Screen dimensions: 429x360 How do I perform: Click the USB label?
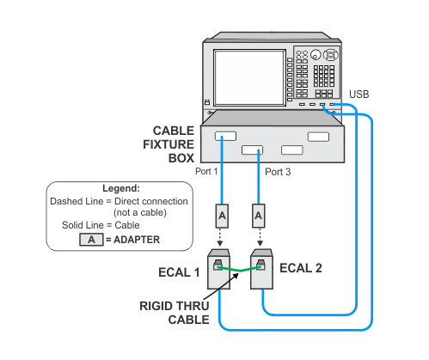(359, 95)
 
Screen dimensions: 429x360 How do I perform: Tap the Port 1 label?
(206, 171)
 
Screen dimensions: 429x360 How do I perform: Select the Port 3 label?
(278, 172)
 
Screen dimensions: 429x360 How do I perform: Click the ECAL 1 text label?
(179, 272)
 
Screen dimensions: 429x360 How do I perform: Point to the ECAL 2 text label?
(301, 268)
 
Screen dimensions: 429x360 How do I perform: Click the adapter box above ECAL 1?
(222, 216)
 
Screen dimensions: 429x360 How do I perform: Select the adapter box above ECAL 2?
(259, 216)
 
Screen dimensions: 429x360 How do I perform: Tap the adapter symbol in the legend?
(91, 240)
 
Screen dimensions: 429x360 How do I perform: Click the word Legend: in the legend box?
(121, 188)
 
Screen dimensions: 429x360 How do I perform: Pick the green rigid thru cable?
(240, 270)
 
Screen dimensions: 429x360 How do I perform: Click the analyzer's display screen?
(249, 77)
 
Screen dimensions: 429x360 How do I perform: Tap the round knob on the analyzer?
(316, 54)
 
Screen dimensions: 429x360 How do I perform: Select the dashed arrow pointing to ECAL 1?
(220, 237)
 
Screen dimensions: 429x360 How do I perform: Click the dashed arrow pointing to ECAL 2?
(260, 237)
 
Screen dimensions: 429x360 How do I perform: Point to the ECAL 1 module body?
(218, 269)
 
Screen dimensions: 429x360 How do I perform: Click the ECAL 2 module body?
(261, 269)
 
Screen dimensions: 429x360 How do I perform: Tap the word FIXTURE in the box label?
(169, 144)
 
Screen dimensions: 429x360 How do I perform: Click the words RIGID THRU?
(174, 306)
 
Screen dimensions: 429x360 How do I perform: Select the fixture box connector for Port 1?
(225, 136)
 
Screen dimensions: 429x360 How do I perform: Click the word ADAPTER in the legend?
(137, 240)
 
